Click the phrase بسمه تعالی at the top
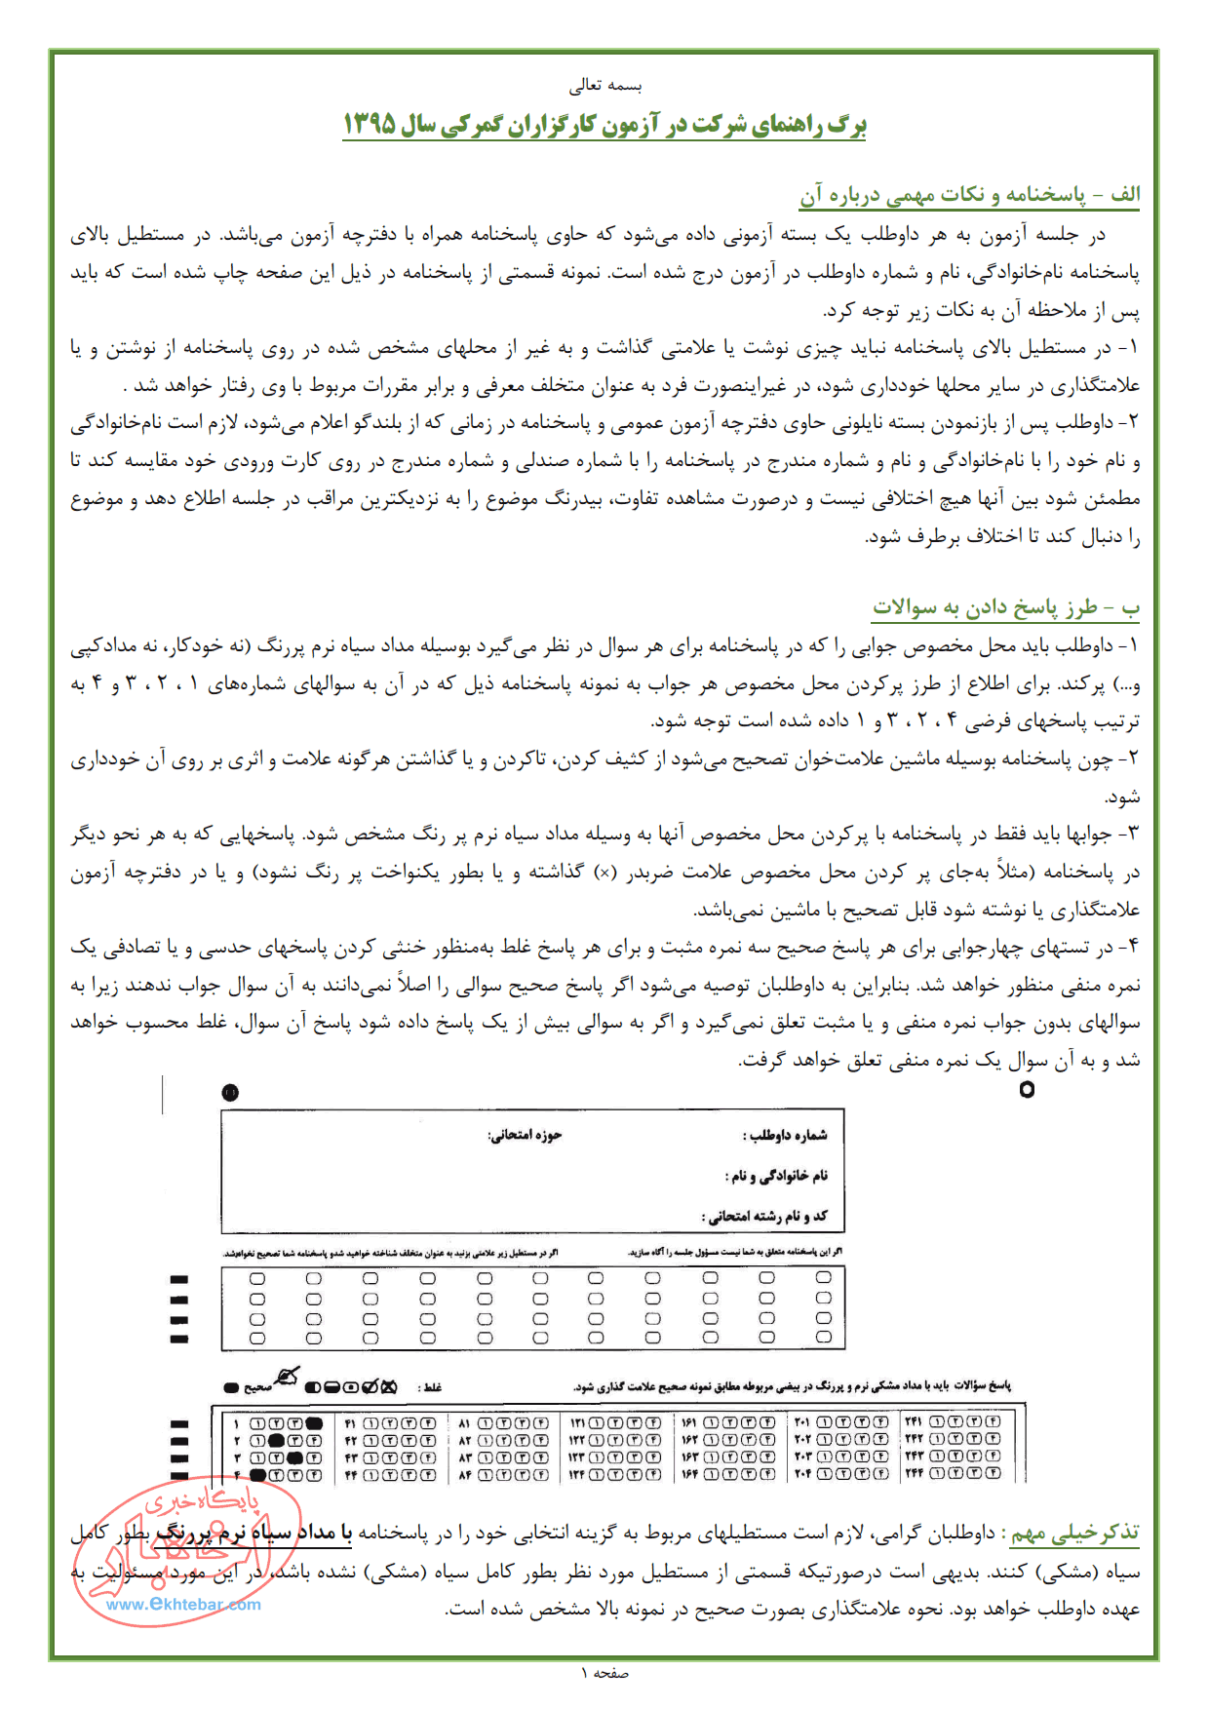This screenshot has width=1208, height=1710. (x=605, y=86)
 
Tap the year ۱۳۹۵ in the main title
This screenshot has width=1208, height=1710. (x=370, y=125)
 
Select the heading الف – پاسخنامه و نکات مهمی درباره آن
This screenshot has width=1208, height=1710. (x=969, y=195)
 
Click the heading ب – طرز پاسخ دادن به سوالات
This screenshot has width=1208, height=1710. (x=1005, y=607)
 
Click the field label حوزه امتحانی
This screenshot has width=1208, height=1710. (x=525, y=1135)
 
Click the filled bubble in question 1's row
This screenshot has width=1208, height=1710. (x=314, y=1422)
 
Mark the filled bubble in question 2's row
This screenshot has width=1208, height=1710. (x=277, y=1440)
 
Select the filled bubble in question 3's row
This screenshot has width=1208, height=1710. (x=295, y=1457)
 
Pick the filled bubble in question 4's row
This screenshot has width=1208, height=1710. (x=258, y=1475)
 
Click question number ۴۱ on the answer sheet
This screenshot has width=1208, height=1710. (x=351, y=1423)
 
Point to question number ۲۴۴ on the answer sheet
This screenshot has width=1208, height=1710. (x=914, y=1474)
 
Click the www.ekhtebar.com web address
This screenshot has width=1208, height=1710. (x=183, y=1604)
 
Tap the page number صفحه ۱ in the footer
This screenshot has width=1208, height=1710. (x=604, y=1673)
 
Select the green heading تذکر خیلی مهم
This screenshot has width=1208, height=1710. (x=1074, y=1534)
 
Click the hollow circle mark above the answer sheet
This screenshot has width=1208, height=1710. (x=1026, y=1090)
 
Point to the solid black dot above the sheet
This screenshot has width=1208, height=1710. (x=230, y=1092)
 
